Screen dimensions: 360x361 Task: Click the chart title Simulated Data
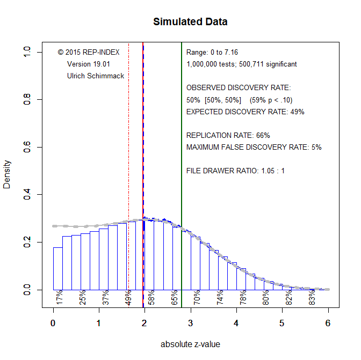coord(190,22)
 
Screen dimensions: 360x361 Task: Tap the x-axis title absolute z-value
coord(190,344)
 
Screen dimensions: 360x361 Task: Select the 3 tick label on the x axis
coord(191,323)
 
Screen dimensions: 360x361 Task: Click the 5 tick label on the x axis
coord(282,323)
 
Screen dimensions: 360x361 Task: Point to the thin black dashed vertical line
coord(128,134)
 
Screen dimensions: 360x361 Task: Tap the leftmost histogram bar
coord(57,268)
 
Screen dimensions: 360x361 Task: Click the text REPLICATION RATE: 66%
coord(228,135)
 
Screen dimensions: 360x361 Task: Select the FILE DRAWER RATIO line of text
coord(235,171)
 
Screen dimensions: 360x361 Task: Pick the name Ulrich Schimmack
coord(96,76)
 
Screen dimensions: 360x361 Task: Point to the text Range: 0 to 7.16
coord(212,52)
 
